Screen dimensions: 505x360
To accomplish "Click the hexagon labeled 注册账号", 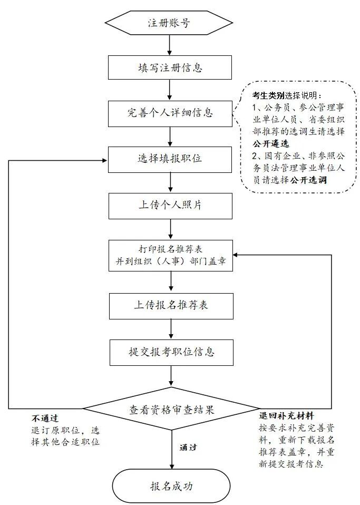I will (x=169, y=23).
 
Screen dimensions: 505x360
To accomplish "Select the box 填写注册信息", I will (x=170, y=68).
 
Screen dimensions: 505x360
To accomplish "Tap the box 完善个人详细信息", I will (x=170, y=113).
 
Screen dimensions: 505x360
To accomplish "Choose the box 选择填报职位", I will (x=170, y=159).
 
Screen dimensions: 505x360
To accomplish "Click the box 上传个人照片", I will (x=170, y=205).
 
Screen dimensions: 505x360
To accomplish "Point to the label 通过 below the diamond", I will (x=188, y=447).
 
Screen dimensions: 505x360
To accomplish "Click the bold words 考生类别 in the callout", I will (x=268, y=95).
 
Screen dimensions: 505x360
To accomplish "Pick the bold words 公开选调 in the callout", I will (x=308, y=180).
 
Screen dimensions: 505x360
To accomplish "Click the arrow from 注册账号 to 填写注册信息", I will (x=169, y=46).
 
